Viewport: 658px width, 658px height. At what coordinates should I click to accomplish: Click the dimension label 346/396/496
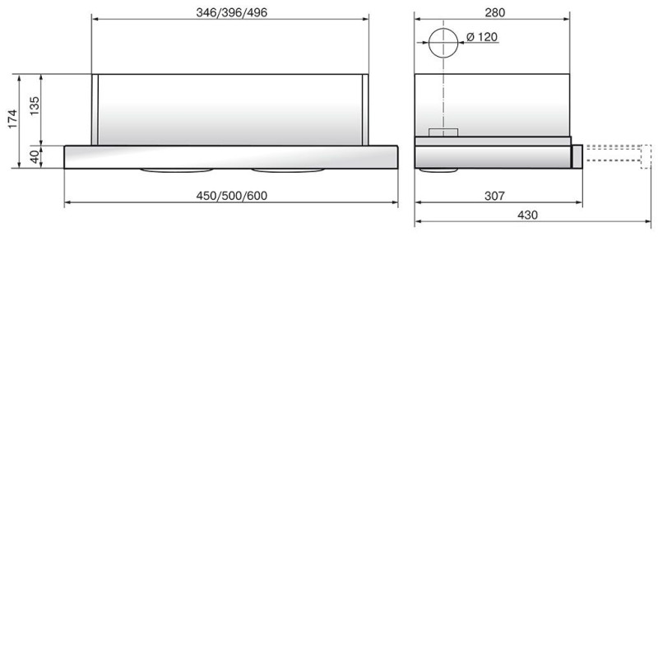click(232, 12)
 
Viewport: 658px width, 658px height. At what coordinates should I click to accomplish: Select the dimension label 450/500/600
click(232, 196)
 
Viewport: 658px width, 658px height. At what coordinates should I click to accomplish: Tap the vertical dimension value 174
click(12, 118)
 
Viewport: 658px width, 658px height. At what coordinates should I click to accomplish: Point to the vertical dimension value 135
click(35, 106)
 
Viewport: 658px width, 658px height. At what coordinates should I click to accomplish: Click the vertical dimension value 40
click(35, 156)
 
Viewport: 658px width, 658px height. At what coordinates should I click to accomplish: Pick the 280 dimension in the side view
click(495, 12)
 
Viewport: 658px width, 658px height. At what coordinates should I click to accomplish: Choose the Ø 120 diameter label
click(482, 37)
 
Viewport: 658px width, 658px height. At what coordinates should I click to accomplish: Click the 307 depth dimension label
click(494, 196)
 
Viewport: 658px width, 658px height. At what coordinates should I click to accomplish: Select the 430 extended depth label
click(527, 215)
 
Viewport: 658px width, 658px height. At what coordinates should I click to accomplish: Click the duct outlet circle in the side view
click(443, 29)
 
